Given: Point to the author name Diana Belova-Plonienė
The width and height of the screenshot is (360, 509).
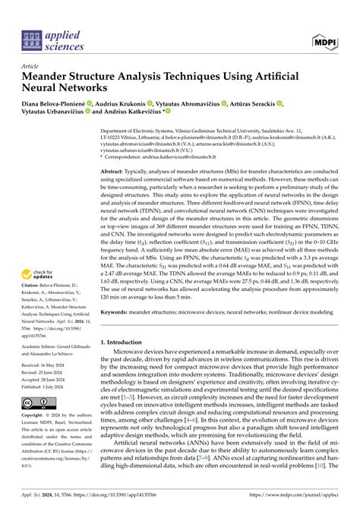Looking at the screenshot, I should pyautogui.click(x=57, y=103).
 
